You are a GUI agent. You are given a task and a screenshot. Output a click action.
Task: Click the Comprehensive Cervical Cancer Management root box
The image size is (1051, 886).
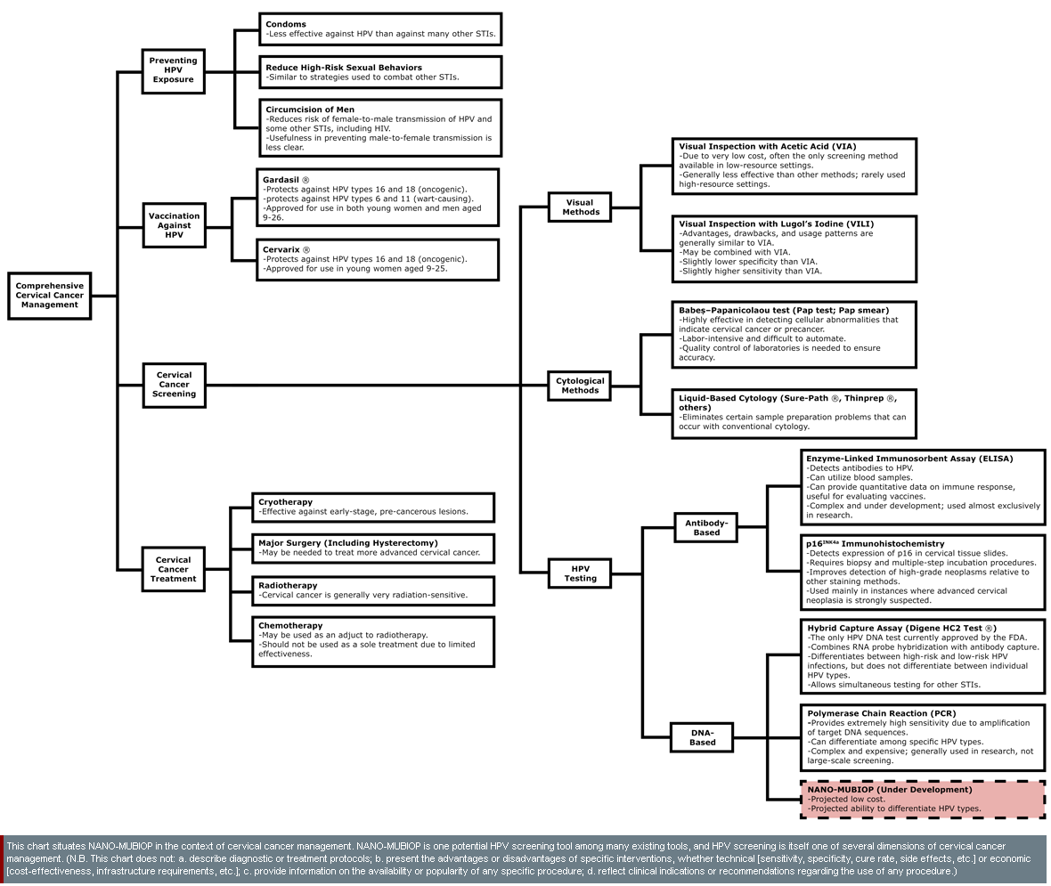(50, 296)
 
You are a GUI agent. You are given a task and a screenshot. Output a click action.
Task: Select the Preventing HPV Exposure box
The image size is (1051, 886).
(174, 70)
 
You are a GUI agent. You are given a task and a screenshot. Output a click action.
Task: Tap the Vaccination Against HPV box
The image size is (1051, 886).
(174, 225)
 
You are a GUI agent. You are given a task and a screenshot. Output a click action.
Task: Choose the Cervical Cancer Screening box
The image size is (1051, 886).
(174, 385)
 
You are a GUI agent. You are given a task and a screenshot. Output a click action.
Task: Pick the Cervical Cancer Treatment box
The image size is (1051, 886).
(174, 569)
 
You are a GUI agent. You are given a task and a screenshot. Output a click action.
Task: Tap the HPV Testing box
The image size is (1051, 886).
(581, 573)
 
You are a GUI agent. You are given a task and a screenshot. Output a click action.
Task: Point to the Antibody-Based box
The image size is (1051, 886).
(706, 527)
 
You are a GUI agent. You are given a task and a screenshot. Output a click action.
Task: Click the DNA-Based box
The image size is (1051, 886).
(702, 736)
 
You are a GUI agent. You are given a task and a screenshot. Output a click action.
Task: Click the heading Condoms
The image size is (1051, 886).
(286, 24)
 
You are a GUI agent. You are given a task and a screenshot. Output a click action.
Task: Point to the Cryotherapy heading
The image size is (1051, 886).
(285, 502)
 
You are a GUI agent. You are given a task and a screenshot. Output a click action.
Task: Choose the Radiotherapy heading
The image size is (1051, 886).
(288, 585)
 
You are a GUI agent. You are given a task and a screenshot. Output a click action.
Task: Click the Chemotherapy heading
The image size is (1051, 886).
(290, 625)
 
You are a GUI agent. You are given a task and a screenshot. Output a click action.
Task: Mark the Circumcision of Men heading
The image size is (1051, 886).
(310, 110)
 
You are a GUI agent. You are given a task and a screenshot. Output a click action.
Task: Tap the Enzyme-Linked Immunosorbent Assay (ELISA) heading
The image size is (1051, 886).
(909, 459)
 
